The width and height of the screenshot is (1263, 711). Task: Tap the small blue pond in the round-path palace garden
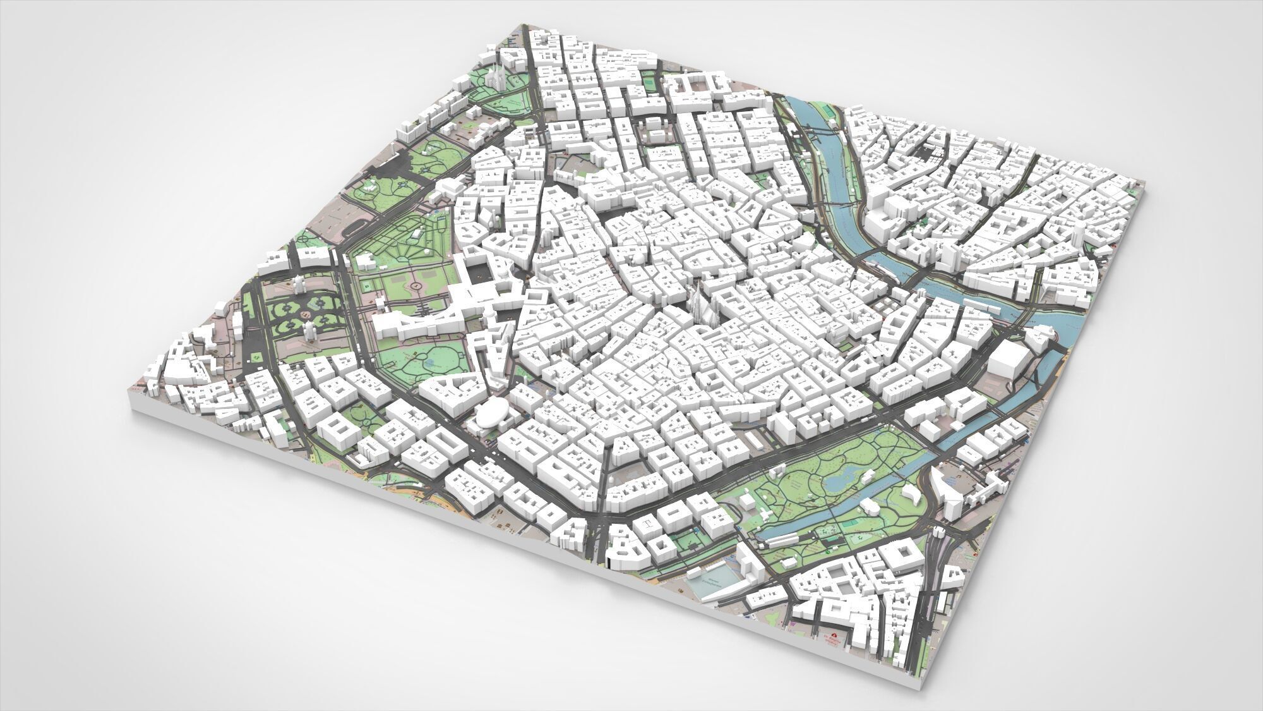pyautogui.click(x=433, y=363)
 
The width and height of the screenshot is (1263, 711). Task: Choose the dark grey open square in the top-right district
pyautogui.click(x=927, y=152)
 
